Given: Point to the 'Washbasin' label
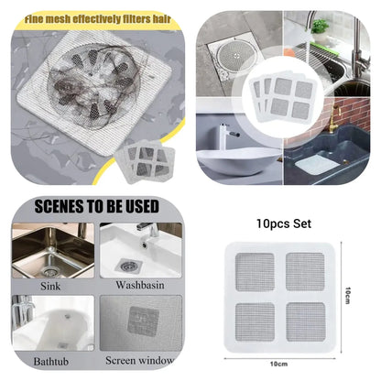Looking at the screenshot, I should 141,285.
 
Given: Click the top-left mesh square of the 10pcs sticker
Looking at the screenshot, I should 256,271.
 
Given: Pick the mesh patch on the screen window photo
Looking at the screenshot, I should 147,320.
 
